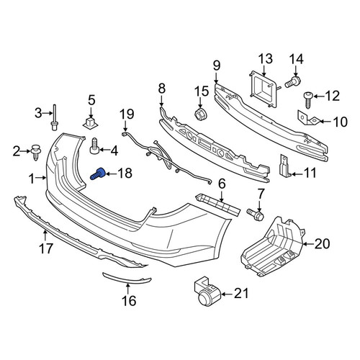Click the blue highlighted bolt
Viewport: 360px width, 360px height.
point(98,174)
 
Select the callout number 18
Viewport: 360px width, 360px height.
point(125,173)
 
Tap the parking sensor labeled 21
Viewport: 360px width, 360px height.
point(207,293)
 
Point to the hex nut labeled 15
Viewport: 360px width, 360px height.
point(201,114)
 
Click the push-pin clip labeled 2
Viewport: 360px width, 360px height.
point(36,152)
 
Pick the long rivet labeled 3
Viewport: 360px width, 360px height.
point(55,117)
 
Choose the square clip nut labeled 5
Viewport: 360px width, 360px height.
point(91,123)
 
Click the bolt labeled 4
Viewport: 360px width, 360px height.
point(95,146)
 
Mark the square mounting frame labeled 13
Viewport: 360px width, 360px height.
point(264,89)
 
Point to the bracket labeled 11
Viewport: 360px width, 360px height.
point(285,166)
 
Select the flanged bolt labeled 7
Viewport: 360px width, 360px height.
point(256,215)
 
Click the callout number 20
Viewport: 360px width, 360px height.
point(322,244)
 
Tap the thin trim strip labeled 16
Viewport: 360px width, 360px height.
point(127,279)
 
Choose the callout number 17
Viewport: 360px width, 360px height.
point(46,248)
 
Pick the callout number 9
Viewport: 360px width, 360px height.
point(217,66)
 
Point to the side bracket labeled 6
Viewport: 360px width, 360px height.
point(218,204)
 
